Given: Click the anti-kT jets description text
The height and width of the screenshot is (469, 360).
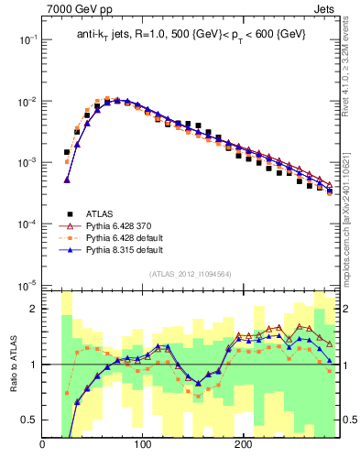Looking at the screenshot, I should coord(191,35).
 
